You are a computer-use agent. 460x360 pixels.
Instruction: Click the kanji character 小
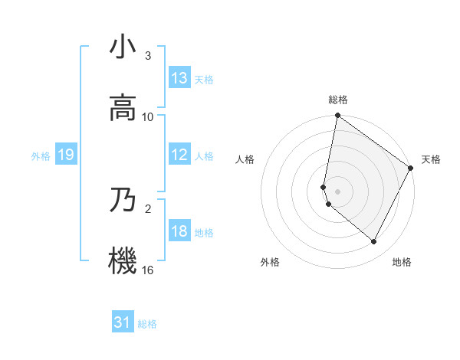[123, 47]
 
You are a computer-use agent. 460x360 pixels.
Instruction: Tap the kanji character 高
[123, 108]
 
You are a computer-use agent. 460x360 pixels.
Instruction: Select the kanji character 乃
[123, 200]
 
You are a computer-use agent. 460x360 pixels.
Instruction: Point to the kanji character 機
[123, 261]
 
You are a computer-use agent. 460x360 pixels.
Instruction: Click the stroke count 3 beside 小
[148, 56]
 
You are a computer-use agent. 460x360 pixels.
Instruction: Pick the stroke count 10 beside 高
[148, 117]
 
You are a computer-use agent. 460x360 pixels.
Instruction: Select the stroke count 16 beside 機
[148, 270]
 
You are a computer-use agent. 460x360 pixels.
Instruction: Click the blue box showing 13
[179, 78]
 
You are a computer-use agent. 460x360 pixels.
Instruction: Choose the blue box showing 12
[179, 155]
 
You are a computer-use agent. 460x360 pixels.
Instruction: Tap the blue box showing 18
[179, 231]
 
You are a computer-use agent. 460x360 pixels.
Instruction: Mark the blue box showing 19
[66, 155]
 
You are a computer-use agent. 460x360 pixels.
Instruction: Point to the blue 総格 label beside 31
[147, 324]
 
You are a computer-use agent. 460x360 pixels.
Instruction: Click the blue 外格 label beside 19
[41, 155]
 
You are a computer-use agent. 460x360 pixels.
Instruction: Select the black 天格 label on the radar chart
[431, 159]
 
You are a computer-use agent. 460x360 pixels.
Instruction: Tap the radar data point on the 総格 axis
[337, 116]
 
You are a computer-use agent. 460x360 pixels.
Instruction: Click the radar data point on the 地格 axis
[374, 242]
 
